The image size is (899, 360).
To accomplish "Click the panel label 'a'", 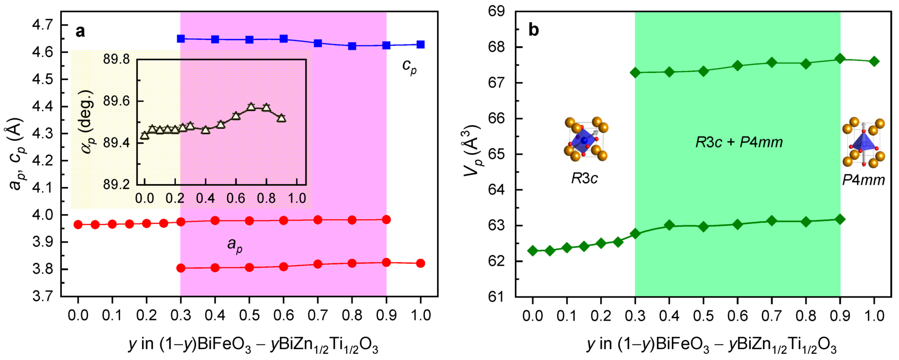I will click(x=80, y=31).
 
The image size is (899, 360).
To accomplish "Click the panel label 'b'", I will click(x=533, y=30).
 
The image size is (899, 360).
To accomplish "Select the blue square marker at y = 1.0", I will click(x=421, y=45).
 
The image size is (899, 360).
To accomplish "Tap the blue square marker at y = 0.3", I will click(x=181, y=39).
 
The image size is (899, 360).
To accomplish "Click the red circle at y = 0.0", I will click(x=78, y=225).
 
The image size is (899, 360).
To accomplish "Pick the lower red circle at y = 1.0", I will click(x=421, y=264).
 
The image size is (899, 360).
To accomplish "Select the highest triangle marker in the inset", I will click(x=251, y=107).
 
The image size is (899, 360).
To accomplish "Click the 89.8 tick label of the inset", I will click(x=116, y=59).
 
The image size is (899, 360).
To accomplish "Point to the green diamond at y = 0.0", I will click(x=533, y=251).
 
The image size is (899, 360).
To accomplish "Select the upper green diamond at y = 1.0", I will click(x=874, y=61).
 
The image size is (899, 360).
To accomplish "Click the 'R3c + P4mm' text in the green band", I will click(x=738, y=142).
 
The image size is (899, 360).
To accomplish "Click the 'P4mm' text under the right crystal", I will click(x=863, y=180).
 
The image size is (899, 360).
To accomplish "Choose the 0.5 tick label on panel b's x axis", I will click(x=703, y=316).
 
